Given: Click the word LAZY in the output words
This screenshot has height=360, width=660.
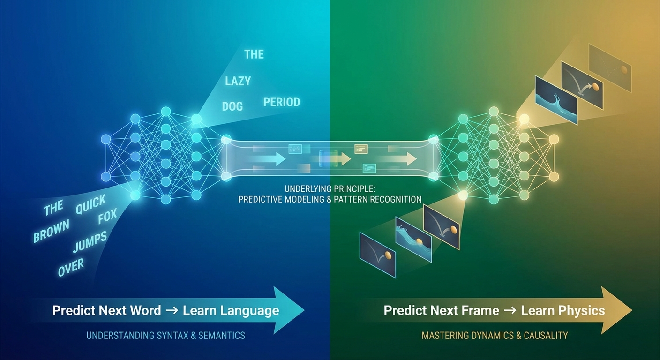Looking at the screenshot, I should tap(238, 81).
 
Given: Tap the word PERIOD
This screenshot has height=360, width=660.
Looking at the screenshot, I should tap(281, 102).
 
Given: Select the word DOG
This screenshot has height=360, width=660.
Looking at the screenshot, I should tap(232, 106).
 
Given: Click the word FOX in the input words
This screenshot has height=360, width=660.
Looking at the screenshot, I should tap(107, 219).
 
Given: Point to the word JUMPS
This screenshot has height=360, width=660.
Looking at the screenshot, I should tap(90, 242).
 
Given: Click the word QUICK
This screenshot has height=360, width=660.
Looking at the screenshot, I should tap(91, 204).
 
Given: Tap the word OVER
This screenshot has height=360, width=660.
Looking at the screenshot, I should tap(71, 268).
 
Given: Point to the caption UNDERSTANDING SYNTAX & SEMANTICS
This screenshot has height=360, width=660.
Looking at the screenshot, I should tap(165, 335).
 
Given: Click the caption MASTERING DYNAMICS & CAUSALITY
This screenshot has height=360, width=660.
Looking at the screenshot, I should tap(495, 335).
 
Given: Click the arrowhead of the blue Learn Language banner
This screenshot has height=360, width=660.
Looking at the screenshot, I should tap(288, 310).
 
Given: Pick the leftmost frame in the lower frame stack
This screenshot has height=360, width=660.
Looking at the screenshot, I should tap(377, 255).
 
